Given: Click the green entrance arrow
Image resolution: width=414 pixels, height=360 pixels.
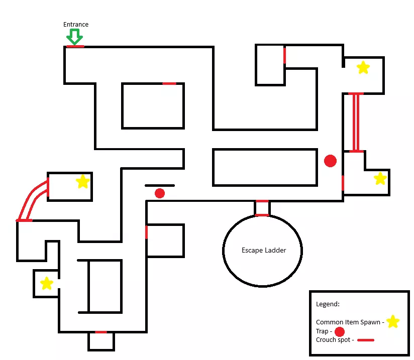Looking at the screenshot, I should pos(75,37).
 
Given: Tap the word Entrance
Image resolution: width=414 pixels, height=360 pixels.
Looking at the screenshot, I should pos(76,25).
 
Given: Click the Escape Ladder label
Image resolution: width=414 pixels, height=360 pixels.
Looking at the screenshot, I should pos(263,250).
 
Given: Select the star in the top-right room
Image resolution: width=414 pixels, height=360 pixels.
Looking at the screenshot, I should pos(363,67).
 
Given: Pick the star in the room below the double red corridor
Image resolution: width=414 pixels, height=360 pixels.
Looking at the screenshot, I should pos(380,178).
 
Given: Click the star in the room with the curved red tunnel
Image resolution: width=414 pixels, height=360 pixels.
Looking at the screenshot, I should pos(82,181).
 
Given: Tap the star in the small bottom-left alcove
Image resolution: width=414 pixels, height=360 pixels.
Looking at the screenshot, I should pos(46,284).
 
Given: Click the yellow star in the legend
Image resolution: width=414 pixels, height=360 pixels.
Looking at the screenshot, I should pos(393,321).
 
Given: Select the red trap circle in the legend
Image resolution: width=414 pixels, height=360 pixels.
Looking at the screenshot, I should pos(339,331).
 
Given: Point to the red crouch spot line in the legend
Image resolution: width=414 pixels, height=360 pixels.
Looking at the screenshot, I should pos(366,340).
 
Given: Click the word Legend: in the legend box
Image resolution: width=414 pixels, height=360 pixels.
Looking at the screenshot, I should pos(328,304).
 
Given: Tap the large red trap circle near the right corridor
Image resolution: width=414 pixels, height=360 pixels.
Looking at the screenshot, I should pos(330,161).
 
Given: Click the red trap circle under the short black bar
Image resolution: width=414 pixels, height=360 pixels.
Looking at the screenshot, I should pos(160,193).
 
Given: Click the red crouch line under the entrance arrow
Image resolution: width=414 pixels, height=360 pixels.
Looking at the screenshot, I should pos(75,47).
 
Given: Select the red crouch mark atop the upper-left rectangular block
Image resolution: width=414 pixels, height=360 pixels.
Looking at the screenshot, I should pos(169,83).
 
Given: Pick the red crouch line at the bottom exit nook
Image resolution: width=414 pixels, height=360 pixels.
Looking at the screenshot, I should pos(101,332).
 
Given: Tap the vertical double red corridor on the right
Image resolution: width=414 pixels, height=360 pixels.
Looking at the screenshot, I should pos(356,122).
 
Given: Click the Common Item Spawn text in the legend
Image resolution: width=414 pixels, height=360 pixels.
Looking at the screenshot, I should pos(348,322).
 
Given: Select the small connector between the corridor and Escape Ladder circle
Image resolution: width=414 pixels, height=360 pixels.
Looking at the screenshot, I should pos(262,208).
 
